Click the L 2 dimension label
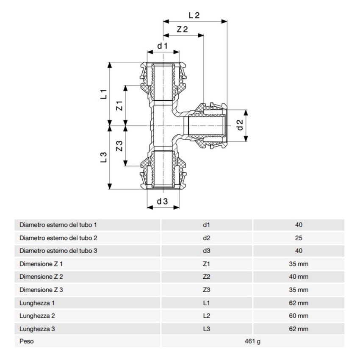194,15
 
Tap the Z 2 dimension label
183,29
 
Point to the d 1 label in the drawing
163,45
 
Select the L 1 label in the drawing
103,94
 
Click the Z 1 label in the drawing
119,105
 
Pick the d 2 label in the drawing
240,125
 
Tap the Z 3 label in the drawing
119,146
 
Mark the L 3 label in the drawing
103,157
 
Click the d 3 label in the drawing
163,202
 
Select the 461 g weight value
252,341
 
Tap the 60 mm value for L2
299,316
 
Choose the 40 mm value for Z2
299,277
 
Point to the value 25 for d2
299,238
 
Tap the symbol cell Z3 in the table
207,290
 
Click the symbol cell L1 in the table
207,303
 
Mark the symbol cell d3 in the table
207,251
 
